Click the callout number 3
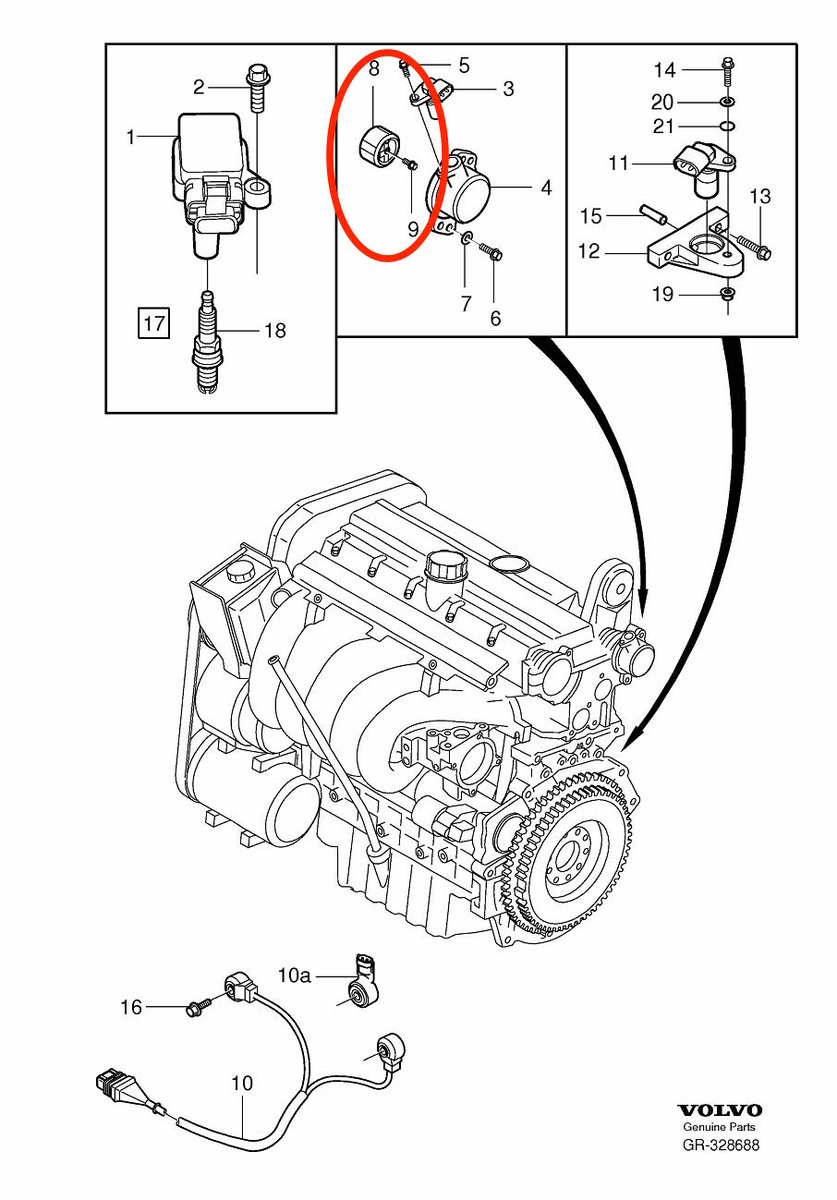pyautogui.click(x=508, y=89)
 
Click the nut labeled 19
pyautogui.click(x=726, y=294)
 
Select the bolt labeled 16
pyautogui.click(x=196, y=1007)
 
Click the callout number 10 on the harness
pyautogui.click(x=242, y=1083)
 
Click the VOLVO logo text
pyautogui.click(x=720, y=1110)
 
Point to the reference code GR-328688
pyautogui.click(x=720, y=1146)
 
